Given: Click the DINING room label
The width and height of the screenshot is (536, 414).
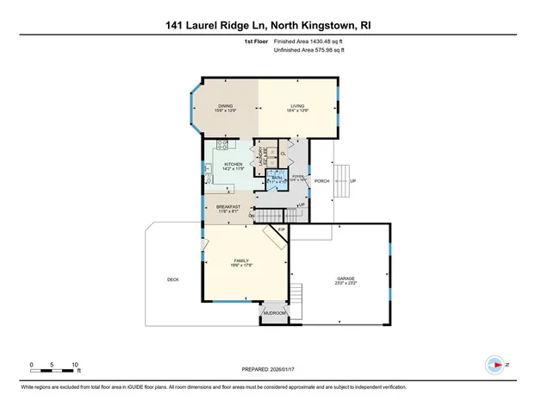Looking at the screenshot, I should pos(225,106).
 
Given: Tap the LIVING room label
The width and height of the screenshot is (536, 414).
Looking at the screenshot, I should pos(298,106).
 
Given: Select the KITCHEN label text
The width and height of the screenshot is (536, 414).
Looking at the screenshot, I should pos(234,164).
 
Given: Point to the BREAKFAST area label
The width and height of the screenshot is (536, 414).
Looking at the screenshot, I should pos(228,207).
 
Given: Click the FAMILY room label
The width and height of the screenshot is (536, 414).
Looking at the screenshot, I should pos(241,260).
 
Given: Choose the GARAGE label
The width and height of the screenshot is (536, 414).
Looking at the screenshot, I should pos(346,279).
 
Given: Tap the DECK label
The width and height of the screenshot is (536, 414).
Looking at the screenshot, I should pos(172,279).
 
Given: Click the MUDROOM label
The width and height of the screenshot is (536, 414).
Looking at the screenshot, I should pos(274,312).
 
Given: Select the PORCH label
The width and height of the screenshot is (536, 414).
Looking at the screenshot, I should pos(322,181).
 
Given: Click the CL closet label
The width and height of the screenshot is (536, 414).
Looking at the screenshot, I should pos(283,154).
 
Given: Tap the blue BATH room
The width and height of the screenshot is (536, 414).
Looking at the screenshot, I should pos(277,180).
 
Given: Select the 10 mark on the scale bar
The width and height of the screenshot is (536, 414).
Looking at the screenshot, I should pos(76,365).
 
